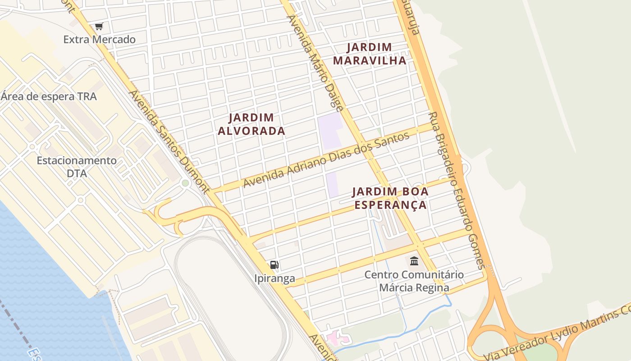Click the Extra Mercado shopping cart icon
[x=99, y=27]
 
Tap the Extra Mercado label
[x=99, y=40]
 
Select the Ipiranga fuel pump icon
[x=274, y=265]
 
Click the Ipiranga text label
[x=274, y=279]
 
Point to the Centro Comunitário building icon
[x=414, y=261]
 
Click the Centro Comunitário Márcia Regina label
[x=414, y=281]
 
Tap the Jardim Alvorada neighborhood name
[x=251, y=124]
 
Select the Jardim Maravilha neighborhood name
[x=370, y=54]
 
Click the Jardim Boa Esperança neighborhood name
[x=390, y=198]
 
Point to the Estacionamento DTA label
[x=77, y=167]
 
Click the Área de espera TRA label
[x=49, y=97]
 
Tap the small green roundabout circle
[x=185, y=183]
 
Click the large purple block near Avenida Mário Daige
[x=329, y=130]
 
